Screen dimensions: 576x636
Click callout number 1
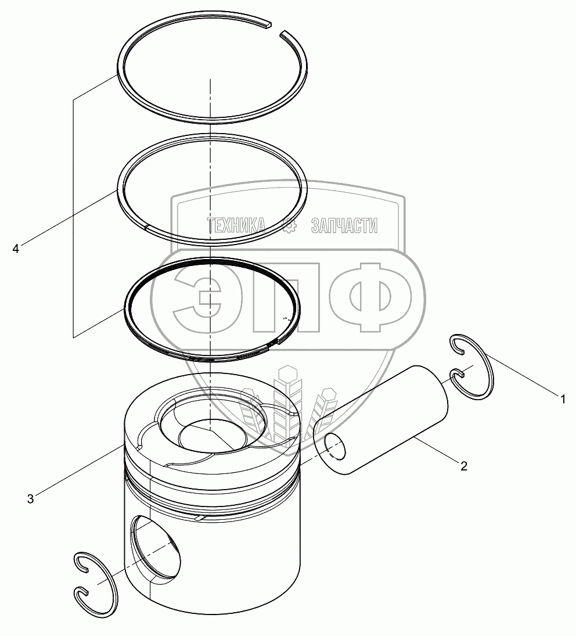(x=562, y=399)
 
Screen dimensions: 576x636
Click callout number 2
(x=464, y=466)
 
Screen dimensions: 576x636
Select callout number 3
(x=30, y=498)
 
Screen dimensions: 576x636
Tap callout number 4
(x=16, y=248)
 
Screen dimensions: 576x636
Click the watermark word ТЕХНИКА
(x=236, y=225)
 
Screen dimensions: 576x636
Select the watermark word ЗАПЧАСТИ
(x=344, y=225)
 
